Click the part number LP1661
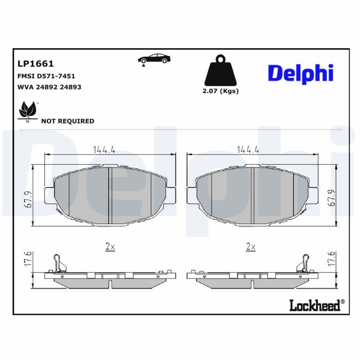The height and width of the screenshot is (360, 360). (36, 64)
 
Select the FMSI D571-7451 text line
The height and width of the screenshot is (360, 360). (46, 76)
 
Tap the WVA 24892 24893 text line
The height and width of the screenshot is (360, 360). (49, 87)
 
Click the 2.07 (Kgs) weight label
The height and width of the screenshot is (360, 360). (220, 91)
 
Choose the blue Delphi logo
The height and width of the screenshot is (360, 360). (300, 73)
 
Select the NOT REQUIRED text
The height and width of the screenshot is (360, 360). (68, 121)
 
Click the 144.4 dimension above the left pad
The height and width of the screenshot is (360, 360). (104, 150)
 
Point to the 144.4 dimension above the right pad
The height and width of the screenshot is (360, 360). (248, 150)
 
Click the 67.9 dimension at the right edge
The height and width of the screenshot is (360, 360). (333, 198)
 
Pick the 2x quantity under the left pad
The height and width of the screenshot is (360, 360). (110, 247)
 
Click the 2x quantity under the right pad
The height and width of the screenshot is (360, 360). (251, 247)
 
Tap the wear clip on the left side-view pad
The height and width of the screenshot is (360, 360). (58, 263)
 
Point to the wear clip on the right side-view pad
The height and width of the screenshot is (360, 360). (302, 263)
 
